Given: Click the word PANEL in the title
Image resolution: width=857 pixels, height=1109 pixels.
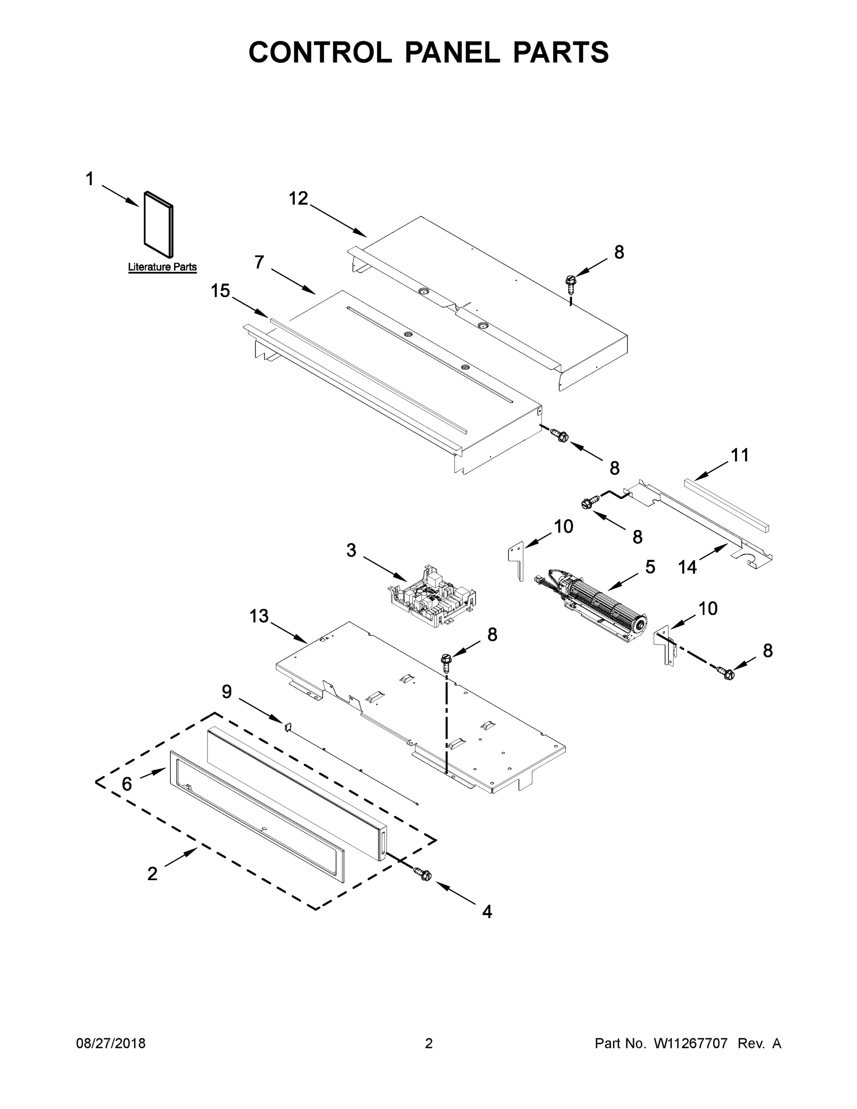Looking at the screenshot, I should [452, 52].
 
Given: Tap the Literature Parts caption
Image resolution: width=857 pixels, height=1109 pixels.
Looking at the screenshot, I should [162, 267].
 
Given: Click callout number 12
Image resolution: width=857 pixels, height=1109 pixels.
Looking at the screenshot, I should [298, 199].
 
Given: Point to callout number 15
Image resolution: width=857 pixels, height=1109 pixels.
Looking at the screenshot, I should [220, 292].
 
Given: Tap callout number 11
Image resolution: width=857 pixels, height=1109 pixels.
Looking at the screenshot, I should [740, 456].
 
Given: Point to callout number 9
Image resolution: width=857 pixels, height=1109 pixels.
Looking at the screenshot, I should [227, 692].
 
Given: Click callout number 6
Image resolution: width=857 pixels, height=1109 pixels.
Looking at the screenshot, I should [127, 785].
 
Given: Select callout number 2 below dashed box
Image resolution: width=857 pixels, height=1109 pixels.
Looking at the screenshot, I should [152, 874].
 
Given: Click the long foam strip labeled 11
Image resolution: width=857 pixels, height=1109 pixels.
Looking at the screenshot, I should [726, 505].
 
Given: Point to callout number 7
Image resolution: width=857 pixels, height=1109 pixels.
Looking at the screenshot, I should [259, 262].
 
